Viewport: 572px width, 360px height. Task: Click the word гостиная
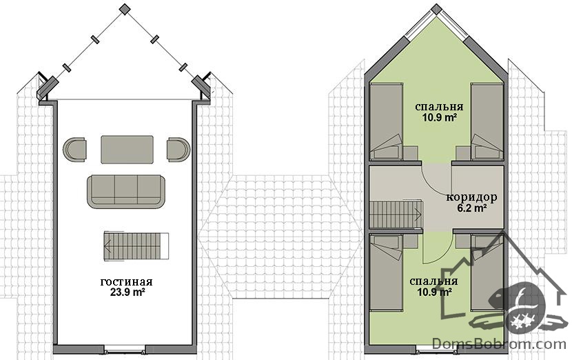[126, 282]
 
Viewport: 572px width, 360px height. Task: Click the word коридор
[471, 197]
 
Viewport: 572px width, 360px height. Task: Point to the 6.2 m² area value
[472, 208]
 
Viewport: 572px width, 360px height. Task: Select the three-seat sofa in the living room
[126, 192]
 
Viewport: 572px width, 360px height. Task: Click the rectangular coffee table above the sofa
[127, 150]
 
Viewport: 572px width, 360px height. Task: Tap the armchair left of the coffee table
[74, 149]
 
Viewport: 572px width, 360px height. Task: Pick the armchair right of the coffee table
[178, 149]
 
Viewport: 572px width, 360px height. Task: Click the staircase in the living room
[136, 246]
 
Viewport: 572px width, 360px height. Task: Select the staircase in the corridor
[396, 214]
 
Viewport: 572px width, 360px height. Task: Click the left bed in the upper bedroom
[386, 121]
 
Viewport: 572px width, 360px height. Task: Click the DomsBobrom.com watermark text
[499, 344]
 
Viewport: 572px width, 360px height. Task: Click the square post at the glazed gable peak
[125, 9]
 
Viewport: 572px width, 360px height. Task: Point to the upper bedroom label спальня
[439, 107]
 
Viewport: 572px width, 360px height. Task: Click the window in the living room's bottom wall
[125, 351]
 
